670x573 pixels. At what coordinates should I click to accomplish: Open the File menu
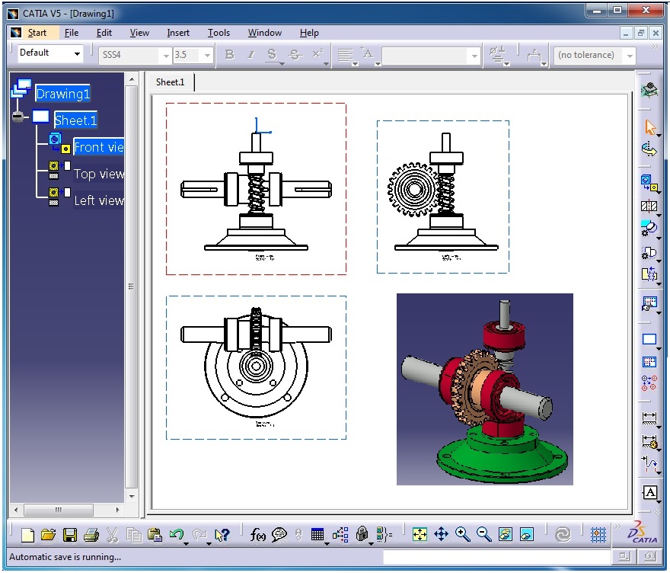pos(72,33)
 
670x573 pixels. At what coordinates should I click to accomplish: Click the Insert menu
pos(178,33)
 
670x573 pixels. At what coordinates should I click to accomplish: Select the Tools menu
pos(219,33)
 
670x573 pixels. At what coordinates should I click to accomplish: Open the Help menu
pos(309,33)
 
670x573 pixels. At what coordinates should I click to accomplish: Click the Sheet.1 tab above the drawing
pos(170,82)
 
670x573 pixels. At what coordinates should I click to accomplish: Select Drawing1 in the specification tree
pos(62,94)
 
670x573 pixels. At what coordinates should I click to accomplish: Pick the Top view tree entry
pos(98,174)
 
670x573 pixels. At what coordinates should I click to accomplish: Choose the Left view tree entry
pos(98,200)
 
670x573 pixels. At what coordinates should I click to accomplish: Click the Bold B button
pos(230,55)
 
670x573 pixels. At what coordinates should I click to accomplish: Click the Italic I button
pos(250,55)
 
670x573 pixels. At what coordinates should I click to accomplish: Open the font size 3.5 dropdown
pos(206,55)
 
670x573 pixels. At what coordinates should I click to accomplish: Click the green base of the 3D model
pos(502,457)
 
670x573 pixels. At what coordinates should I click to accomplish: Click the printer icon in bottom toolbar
pos(91,535)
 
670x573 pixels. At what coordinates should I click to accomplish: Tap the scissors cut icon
pos(112,535)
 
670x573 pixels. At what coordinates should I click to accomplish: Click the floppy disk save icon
pos(69,535)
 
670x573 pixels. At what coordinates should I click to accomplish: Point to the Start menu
pos(37,33)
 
